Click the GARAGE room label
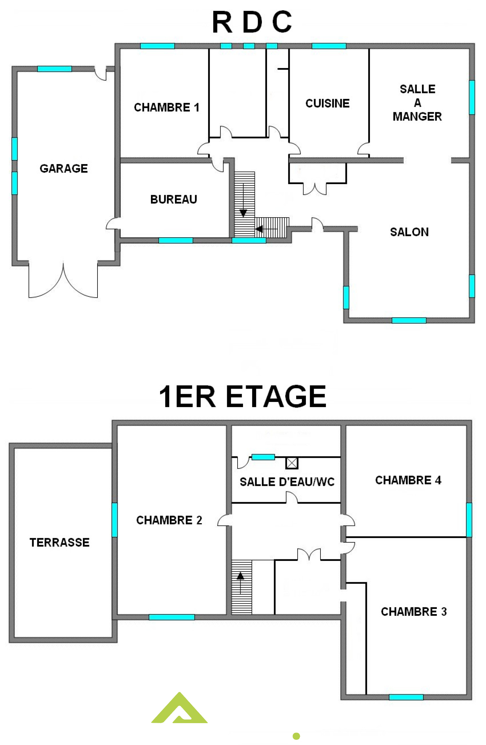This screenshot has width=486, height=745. [63, 168]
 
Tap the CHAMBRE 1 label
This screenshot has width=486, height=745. [166, 107]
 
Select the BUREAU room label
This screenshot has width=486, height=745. [174, 199]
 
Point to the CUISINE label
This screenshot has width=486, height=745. [327, 103]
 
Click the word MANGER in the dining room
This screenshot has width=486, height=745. [417, 116]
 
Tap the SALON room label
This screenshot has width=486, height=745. [409, 232]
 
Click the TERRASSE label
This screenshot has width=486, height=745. [60, 542]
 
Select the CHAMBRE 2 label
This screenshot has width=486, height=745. [169, 520]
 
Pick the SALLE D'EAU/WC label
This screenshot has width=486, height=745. [287, 482]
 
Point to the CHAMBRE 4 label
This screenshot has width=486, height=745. [408, 480]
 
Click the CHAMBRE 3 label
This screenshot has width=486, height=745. [414, 612]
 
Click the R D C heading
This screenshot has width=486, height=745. [252, 22]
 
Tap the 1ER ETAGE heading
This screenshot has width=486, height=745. [242, 396]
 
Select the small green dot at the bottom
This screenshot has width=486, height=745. [296, 736]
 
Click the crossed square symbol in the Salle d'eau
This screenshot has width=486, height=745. [292, 463]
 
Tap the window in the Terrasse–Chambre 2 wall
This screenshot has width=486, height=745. [115, 520]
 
